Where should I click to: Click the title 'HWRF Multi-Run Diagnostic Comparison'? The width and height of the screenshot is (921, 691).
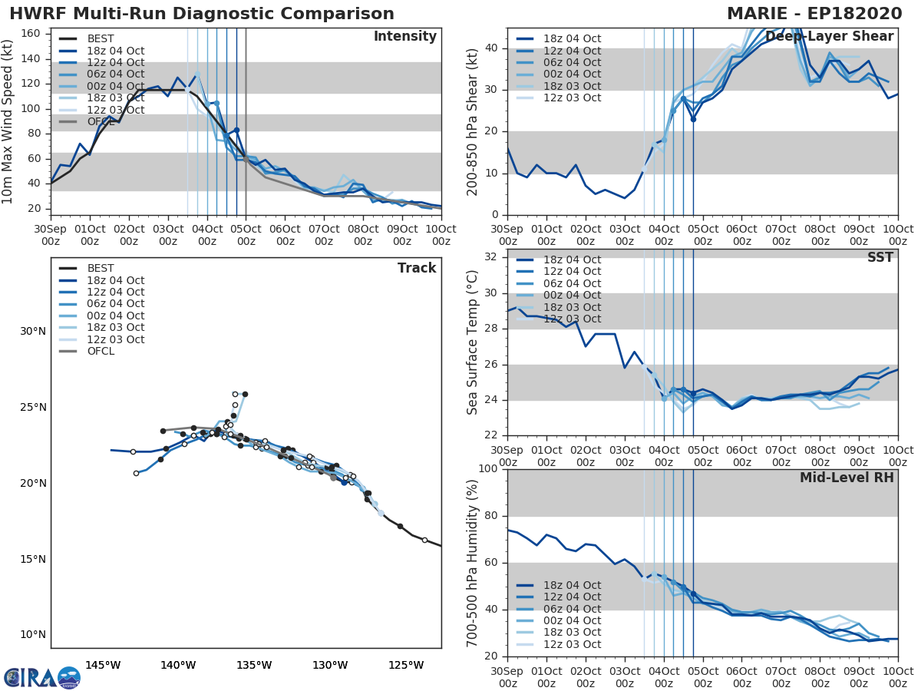point(202,14)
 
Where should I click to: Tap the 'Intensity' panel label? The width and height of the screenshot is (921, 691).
point(404,37)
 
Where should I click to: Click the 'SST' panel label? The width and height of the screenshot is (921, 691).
point(880,258)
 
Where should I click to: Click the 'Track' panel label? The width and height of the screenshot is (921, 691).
point(416,268)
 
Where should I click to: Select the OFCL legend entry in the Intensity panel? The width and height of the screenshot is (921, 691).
point(100,122)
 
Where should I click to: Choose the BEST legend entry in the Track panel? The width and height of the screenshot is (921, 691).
point(100,269)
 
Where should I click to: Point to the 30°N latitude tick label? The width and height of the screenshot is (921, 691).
point(33,332)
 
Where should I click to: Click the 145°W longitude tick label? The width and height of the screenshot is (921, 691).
point(103,665)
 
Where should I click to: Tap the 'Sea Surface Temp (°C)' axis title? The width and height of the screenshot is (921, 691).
point(473,342)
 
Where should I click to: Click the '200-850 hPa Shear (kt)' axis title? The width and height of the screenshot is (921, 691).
point(473,122)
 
